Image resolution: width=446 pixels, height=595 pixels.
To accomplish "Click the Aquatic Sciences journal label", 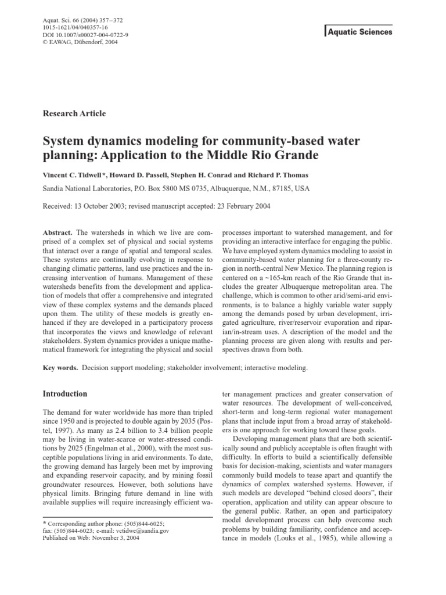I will coord(359,32).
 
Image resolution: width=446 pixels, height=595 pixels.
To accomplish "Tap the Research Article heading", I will coord(74,113).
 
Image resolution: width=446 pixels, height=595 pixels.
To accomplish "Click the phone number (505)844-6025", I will coord(153,522).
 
